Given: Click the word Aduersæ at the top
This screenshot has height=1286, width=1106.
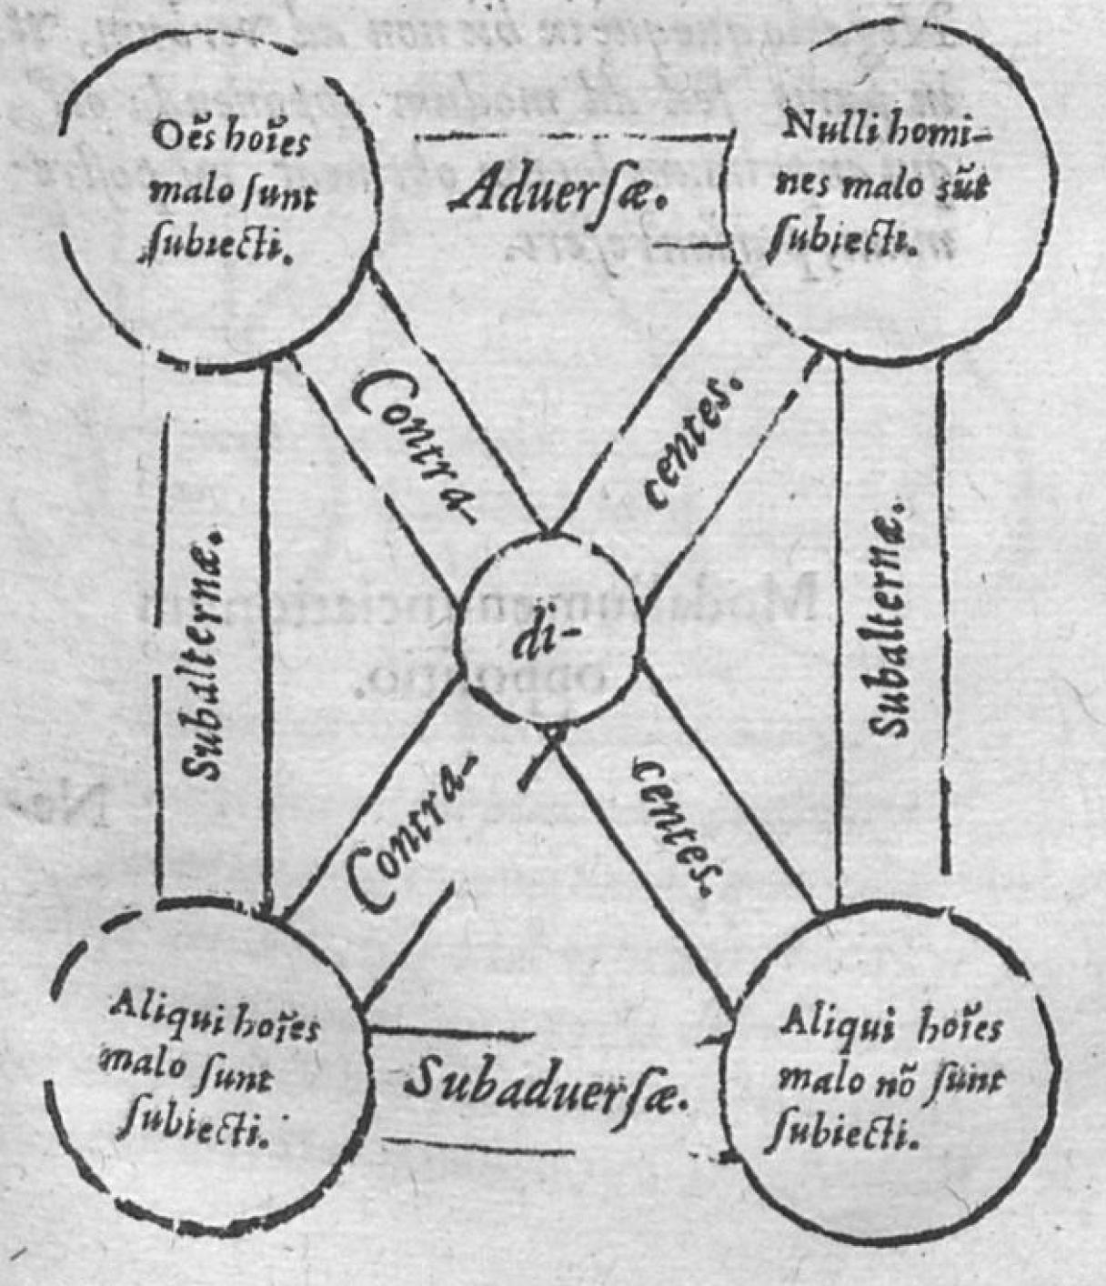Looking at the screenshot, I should pyautogui.click(x=558, y=192).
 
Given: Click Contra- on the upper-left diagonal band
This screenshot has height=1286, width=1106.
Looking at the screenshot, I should pyautogui.click(x=414, y=446).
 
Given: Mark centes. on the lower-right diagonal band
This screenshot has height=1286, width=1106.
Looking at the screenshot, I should pyautogui.click(x=678, y=828).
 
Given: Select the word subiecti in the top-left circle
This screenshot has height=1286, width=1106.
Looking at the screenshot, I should pyautogui.click(x=216, y=243).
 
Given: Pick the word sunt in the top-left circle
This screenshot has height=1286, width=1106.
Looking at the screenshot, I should pyautogui.click(x=273, y=193).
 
